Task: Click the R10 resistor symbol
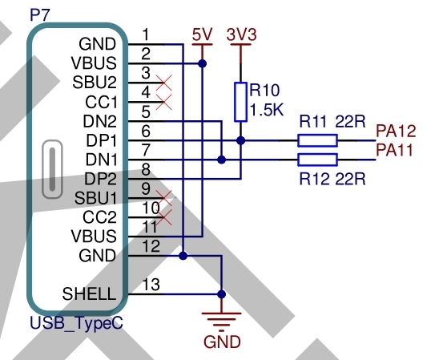tap(240, 102)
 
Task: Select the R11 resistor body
tap(317, 140)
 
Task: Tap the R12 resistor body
tap(317, 160)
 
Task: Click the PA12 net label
tap(396, 131)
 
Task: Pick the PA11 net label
tap(394, 150)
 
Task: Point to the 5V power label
tap(202, 34)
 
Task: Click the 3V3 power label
tap(241, 34)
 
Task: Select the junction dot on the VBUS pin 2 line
tap(202, 63)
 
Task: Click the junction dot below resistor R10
tap(240, 140)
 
